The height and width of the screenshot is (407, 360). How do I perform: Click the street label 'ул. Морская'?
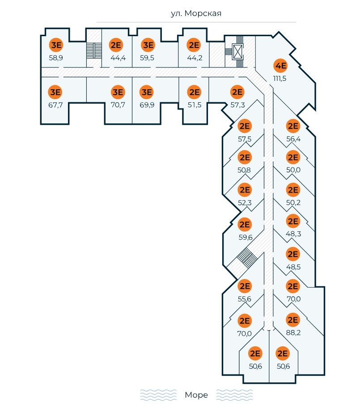196,13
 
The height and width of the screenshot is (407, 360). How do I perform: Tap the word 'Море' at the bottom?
196,395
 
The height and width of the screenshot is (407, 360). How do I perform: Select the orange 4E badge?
280,67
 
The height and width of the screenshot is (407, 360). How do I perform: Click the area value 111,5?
280,79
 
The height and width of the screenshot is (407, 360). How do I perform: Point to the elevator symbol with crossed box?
237,52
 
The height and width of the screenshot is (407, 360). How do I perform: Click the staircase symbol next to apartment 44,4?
93,50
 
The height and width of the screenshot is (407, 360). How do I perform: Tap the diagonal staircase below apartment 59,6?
245,257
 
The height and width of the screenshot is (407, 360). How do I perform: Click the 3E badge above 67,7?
55,92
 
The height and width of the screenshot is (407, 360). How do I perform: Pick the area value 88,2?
293,332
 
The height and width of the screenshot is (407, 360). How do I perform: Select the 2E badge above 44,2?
194,45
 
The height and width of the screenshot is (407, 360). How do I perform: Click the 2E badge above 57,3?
237,92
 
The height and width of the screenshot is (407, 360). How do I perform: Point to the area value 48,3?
293,233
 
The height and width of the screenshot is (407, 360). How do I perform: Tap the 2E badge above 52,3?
245,190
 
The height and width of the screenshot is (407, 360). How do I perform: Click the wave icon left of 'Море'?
158,395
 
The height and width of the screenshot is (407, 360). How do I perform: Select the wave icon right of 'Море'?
234,395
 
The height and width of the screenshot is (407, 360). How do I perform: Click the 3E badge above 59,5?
148,45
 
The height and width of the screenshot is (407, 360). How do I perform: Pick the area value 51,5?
194,105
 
